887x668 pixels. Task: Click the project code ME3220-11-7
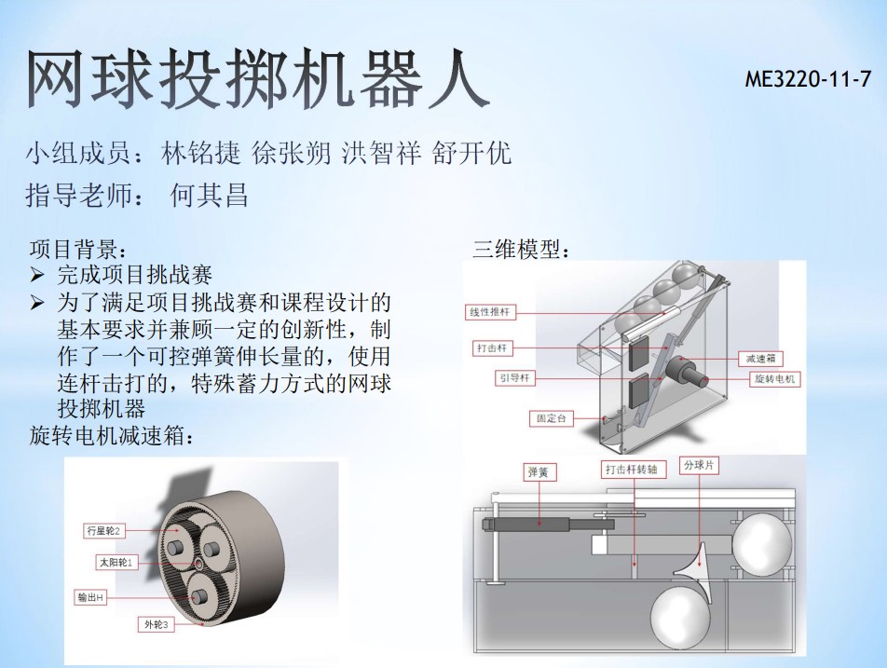click(x=808, y=79)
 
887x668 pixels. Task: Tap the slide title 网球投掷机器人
click(x=258, y=79)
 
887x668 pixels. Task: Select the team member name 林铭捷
click(x=201, y=154)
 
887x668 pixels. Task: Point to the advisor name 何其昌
click(x=209, y=195)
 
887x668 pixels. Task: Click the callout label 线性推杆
click(x=490, y=312)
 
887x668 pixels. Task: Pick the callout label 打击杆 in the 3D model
click(x=492, y=348)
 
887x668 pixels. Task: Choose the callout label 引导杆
click(x=514, y=378)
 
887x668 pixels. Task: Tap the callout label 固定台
click(x=551, y=418)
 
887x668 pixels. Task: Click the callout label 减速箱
click(x=760, y=359)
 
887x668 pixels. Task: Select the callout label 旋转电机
click(x=774, y=379)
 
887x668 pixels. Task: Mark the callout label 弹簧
click(x=539, y=471)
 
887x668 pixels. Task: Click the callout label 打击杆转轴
click(x=632, y=469)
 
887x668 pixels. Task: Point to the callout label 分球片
click(x=699, y=466)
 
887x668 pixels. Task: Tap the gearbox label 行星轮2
click(x=102, y=531)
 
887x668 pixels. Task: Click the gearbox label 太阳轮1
click(x=116, y=563)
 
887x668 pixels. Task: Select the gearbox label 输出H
click(x=90, y=597)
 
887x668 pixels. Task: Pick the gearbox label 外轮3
click(x=157, y=625)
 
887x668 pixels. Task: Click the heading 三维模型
click(x=520, y=249)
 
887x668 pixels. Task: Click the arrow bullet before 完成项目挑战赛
click(x=37, y=276)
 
